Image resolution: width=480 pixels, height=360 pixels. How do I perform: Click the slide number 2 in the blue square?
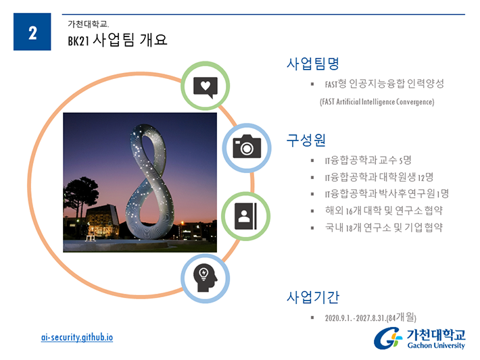tap(32, 32)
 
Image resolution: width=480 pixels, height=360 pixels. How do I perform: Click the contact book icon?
tap(245, 216)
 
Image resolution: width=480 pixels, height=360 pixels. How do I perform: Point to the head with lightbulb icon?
tap(205, 278)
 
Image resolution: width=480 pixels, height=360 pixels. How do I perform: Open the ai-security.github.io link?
tap(77, 337)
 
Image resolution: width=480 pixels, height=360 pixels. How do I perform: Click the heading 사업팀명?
tap(313, 63)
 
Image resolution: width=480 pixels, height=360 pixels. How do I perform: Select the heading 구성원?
tap(306, 140)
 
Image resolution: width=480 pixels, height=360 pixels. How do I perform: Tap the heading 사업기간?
tap(313, 297)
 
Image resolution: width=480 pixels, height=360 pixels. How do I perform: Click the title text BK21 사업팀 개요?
tap(118, 40)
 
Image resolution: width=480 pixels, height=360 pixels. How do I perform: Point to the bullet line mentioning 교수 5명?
tap(368, 160)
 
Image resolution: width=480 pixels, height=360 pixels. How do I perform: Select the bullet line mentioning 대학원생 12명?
tap(379, 177)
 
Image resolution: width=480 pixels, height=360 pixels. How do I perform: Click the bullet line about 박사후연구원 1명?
tap(387, 194)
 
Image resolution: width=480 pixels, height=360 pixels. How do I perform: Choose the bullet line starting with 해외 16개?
tap(384, 211)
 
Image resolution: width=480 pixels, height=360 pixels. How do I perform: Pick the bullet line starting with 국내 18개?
tap(384, 227)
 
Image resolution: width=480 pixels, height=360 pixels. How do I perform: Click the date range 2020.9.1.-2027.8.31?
tap(356, 318)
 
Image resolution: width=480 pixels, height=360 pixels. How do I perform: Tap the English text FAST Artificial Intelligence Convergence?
tap(377, 102)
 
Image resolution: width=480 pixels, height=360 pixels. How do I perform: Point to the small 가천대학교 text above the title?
tap(88, 24)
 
